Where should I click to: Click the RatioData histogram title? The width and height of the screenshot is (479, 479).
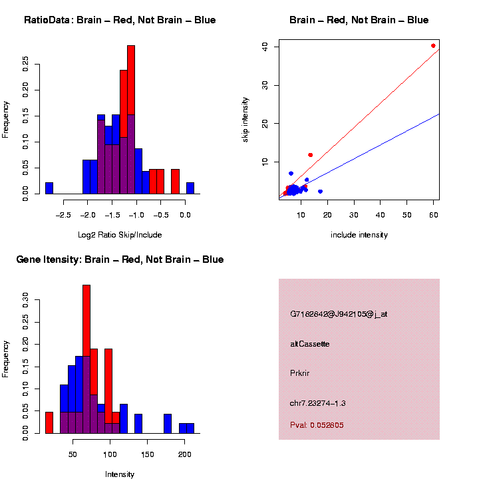point(120,21)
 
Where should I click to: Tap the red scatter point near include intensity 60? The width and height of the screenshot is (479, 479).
point(433,46)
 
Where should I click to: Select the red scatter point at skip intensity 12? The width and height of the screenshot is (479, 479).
point(310,155)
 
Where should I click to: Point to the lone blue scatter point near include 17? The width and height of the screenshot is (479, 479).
point(320,192)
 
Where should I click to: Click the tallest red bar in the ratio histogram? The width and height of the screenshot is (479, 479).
point(131,120)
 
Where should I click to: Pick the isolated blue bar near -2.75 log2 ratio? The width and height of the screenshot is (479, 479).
point(49,188)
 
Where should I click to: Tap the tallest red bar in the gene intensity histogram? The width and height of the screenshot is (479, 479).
point(86,359)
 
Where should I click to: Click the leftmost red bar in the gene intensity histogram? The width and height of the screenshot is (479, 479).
point(49,422)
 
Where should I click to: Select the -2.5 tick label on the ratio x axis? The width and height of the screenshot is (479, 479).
point(63,216)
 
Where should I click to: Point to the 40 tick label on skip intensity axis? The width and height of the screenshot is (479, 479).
point(265,47)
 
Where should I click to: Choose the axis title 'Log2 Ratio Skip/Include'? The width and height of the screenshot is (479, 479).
point(120,235)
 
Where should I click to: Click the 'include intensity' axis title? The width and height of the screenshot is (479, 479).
point(359,235)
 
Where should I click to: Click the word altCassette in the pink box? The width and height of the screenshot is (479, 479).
point(310,344)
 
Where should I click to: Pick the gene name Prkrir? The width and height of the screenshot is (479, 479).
point(301,373)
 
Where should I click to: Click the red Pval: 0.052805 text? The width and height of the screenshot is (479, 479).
point(317,425)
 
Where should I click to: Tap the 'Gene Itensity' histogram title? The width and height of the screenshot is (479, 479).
point(120,259)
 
